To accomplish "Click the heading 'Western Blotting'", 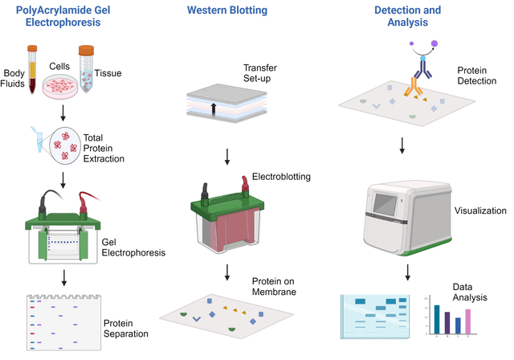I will [x=227, y=10].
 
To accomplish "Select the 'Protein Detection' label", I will [x=472, y=76].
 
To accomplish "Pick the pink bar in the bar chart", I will [x=467, y=321].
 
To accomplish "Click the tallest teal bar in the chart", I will [x=437, y=318].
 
